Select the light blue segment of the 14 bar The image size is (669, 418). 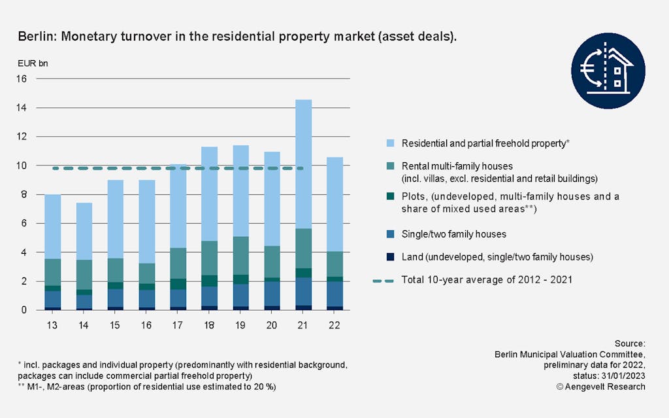click(83, 231)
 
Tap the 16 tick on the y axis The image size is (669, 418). click(22, 79)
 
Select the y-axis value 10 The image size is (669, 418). click(22, 165)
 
